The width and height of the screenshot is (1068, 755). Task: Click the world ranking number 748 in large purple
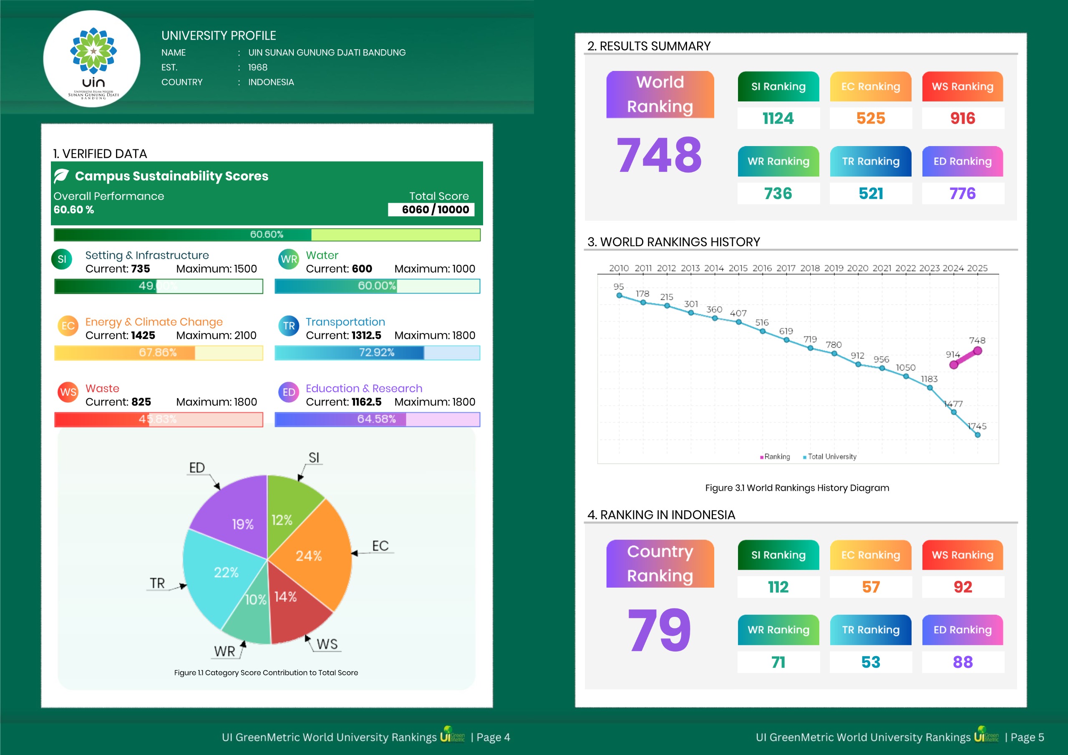pyautogui.click(x=659, y=155)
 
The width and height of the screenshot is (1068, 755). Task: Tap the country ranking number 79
pyautogui.click(x=659, y=631)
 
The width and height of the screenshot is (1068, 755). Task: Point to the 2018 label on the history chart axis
pyautogui.click(x=810, y=268)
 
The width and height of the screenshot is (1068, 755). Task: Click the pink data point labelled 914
pyautogui.click(x=954, y=365)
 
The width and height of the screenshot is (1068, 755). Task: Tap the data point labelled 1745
pyautogui.click(x=977, y=435)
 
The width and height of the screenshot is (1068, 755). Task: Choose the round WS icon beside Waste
pyautogui.click(x=68, y=392)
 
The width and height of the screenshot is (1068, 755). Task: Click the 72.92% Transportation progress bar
pyautogui.click(x=377, y=353)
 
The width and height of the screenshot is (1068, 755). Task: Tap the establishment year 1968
pyautogui.click(x=258, y=68)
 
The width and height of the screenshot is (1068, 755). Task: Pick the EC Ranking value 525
pyautogui.click(x=870, y=118)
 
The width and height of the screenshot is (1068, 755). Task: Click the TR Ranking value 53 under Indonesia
pyautogui.click(x=870, y=662)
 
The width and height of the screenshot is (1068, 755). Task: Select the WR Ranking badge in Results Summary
pyautogui.click(x=778, y=162)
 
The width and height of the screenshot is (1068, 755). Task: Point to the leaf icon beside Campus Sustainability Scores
pyautogui.click(x=62, y=176)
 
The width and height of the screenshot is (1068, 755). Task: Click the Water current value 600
pyautogui.click(x=362, y=269)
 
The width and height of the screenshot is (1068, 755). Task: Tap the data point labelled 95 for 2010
pyautogui.click(x=619, y=295)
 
